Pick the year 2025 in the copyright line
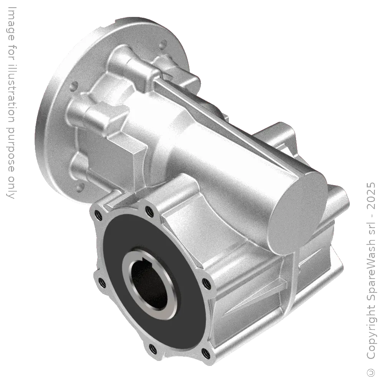(371, 196)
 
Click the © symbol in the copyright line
(371, 372)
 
